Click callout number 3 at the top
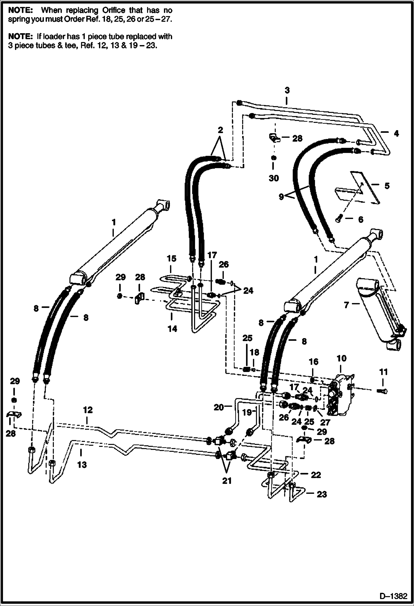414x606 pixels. point(287,90)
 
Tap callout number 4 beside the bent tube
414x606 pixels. point(396,133)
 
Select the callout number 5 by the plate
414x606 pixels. point(387,186)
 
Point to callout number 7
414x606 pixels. point(347,305)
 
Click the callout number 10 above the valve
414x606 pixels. point(342,359)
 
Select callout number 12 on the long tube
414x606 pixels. point(88,410)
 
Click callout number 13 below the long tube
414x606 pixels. point(82,465)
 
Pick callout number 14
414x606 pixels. point(172,329)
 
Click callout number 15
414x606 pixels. point(171,259)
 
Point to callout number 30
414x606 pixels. point(274,178)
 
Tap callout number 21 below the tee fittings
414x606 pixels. point(227,481)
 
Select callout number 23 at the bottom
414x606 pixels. point(322,494)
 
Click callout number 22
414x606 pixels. point(316,475)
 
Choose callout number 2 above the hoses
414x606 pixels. point(220,130)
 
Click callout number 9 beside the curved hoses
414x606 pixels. point(281,197)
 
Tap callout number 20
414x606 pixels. point(218,407)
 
